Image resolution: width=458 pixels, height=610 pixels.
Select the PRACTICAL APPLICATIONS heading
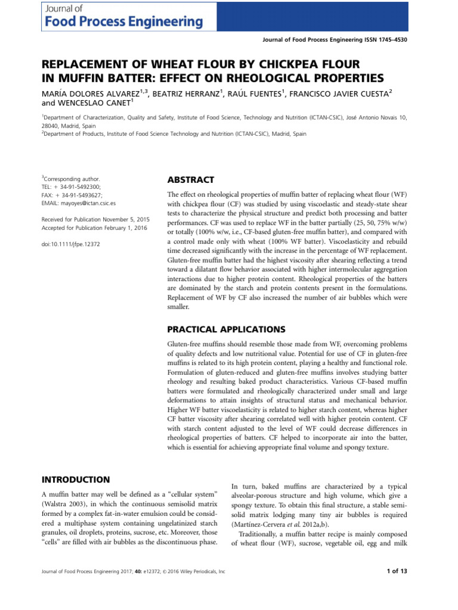pyautogui.click(x=226, y=329)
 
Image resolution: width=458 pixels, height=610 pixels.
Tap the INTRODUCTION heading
pyautogui.click(x=76, y=480)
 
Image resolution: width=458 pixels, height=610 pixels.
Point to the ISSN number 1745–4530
pyautogui.click(x=394, y=39)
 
